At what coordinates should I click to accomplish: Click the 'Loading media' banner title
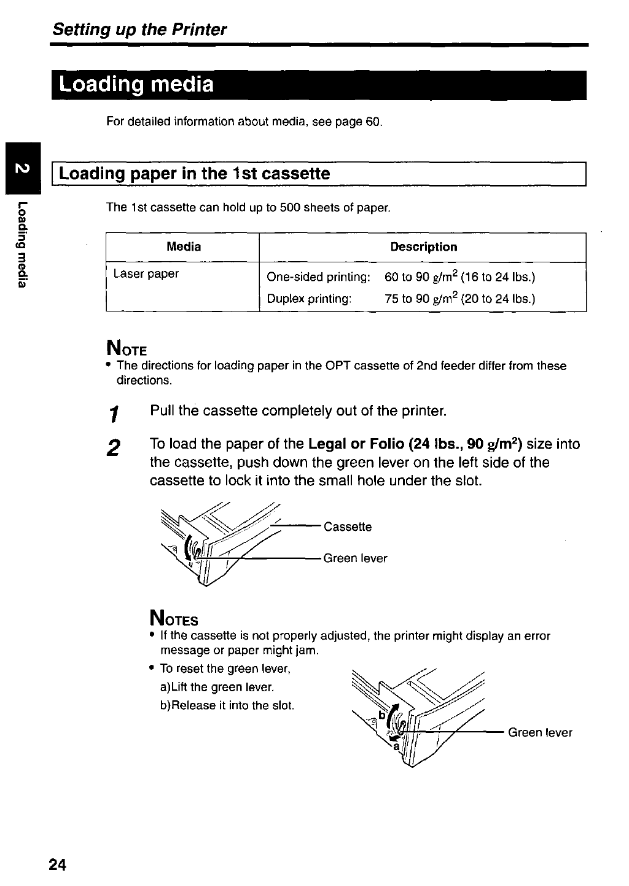tap(137, 84)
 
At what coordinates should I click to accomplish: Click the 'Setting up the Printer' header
tap(139, 29)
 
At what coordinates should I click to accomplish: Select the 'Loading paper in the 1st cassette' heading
tap(195, 174)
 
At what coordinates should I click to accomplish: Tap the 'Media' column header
tap(184, 247)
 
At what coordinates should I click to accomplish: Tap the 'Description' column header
tap(423, 247)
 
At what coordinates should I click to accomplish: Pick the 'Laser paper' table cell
tap(146, 274)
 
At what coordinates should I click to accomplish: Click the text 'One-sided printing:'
tap(318, 277)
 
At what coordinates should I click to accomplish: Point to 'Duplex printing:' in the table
tap(309, 299)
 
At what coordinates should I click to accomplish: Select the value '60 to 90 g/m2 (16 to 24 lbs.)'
tap(459, 277)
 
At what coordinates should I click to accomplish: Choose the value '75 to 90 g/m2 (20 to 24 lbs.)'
tap(459, 299)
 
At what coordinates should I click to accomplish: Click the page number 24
tap(58, 864)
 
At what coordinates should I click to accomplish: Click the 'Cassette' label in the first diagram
tap(347, 527)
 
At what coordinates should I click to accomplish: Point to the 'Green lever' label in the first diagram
tap(355, 559)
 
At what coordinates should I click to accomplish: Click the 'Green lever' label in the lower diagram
tap(540, 732)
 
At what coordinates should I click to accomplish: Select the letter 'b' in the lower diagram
tap(381, 716)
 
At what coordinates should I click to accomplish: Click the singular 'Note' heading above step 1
tap(127, 350)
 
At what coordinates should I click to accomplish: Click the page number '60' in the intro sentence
tap(373, 122)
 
